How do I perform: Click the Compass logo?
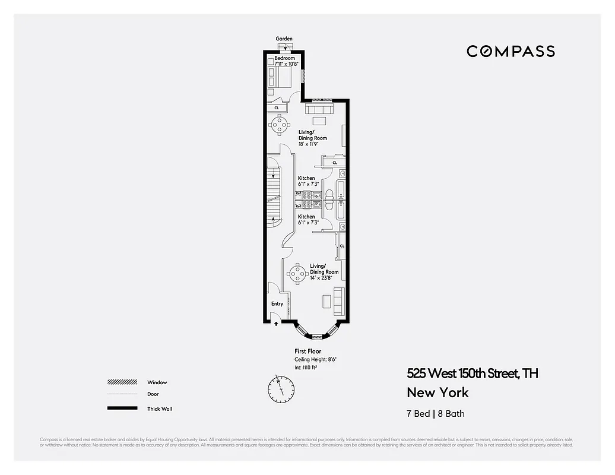[x=511, y=51]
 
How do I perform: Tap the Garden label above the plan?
[x=284, y=39]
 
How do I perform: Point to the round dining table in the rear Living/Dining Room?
[x=278, y=123]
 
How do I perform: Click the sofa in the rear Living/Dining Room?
[x=321, y=110]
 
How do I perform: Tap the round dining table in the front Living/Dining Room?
[x=296, y=274]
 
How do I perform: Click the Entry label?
[x=277, y=304]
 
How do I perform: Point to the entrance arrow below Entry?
[x=276, y=324]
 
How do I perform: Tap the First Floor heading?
[x=307, y=351]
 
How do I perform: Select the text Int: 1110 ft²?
[x=306, y=368]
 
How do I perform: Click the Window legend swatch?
[x=121, y=382]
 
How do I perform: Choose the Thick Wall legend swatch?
[x=121, y=408]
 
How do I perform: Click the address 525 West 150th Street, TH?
[x=473, y=373]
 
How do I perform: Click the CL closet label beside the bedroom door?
[x=276, y=107]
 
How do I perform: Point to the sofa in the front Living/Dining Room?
[x=339, y=300]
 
